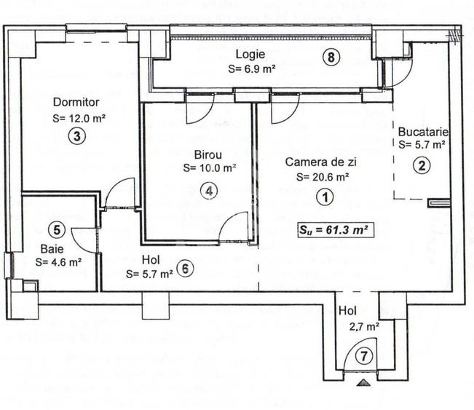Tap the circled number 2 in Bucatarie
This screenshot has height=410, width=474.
pyautogui.click(x=421, y=165)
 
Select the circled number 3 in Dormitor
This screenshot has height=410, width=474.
pyautogui.click(x=76, y=135)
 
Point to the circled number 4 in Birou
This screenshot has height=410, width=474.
pyautogui.click(x=209, y=190)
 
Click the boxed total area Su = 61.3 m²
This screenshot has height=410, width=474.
pyautogui.click(x=334, y=230)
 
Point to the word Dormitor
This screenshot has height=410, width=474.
pyautogui.click(x=75, y=103)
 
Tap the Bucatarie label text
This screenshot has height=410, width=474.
pyautogui.click(x=423, y=132)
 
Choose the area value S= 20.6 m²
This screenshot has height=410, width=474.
pyautogui.click(x=322, y=176)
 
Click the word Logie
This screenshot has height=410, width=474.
pyautogui.click(x=250, y=55)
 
